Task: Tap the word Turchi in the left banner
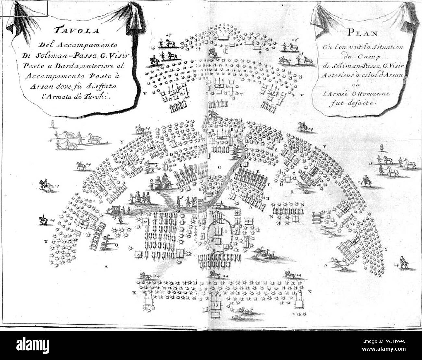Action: tap(99, 96)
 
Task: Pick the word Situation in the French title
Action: tap(389, 47)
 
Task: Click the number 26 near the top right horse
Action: tap(294, 40)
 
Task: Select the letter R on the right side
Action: tap(292, 192)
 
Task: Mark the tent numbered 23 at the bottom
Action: tap(215, 305)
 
